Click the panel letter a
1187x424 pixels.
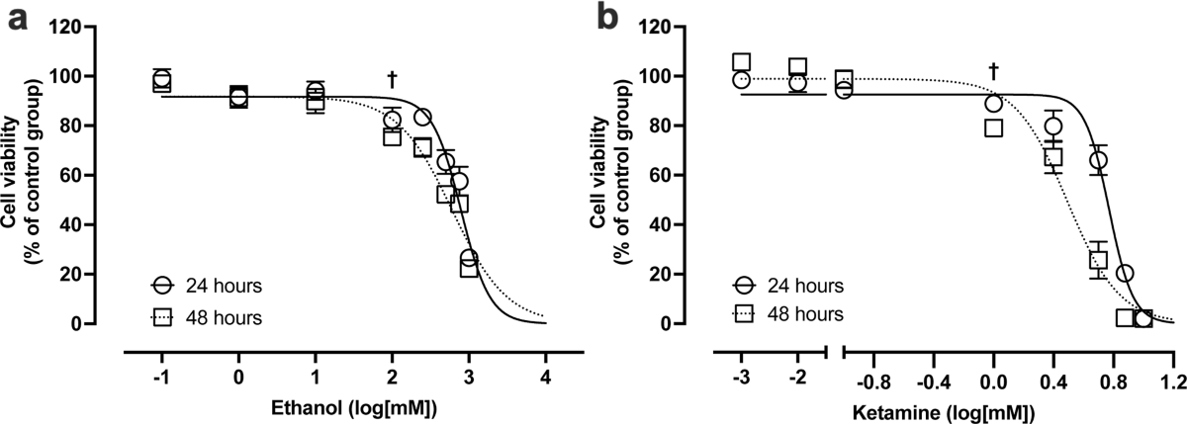[17, 21]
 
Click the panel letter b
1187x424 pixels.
[607, 18]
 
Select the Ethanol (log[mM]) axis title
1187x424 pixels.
[354, 408]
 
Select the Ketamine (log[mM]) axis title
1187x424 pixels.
[944, 412]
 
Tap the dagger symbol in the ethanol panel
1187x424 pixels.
[392, 79]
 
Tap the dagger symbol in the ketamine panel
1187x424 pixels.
[993, 71]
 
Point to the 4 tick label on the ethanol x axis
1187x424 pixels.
[545, 378]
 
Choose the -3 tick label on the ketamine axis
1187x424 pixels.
[741, 378]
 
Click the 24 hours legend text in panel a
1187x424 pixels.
[224, 286]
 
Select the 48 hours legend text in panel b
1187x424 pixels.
[805, 314]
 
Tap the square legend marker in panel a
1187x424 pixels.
[162, 318]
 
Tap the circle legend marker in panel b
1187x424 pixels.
[744, 286]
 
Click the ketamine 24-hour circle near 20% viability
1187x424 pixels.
[1125, 273]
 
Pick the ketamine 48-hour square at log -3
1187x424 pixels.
[741, 62]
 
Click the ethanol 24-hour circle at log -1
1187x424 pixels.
[161, 80]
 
